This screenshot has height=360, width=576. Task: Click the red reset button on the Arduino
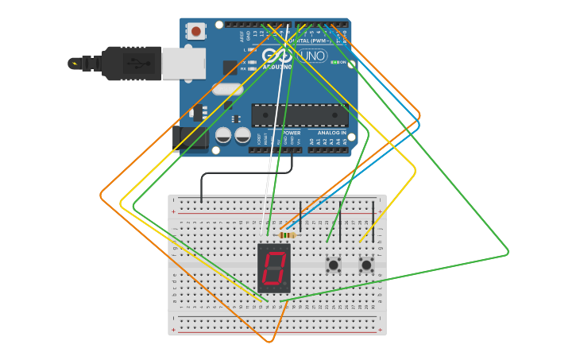[195, 32]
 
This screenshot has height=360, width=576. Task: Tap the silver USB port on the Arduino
[184, 64]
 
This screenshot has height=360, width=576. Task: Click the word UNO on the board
[311, 56]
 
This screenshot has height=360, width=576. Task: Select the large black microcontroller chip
[300, 115]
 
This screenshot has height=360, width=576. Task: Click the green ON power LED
[334, 62]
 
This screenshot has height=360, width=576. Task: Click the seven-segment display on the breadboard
[274, 268]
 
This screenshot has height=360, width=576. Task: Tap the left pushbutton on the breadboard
[333, 264]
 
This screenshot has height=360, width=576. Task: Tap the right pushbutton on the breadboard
[366, 264]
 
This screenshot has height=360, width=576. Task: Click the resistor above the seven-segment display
[288, 234]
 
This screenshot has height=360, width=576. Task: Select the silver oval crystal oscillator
[227, 90]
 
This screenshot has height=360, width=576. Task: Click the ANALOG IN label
[331, 133]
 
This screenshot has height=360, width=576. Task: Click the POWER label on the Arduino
[292, 133]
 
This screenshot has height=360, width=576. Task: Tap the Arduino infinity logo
[277, 56]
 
